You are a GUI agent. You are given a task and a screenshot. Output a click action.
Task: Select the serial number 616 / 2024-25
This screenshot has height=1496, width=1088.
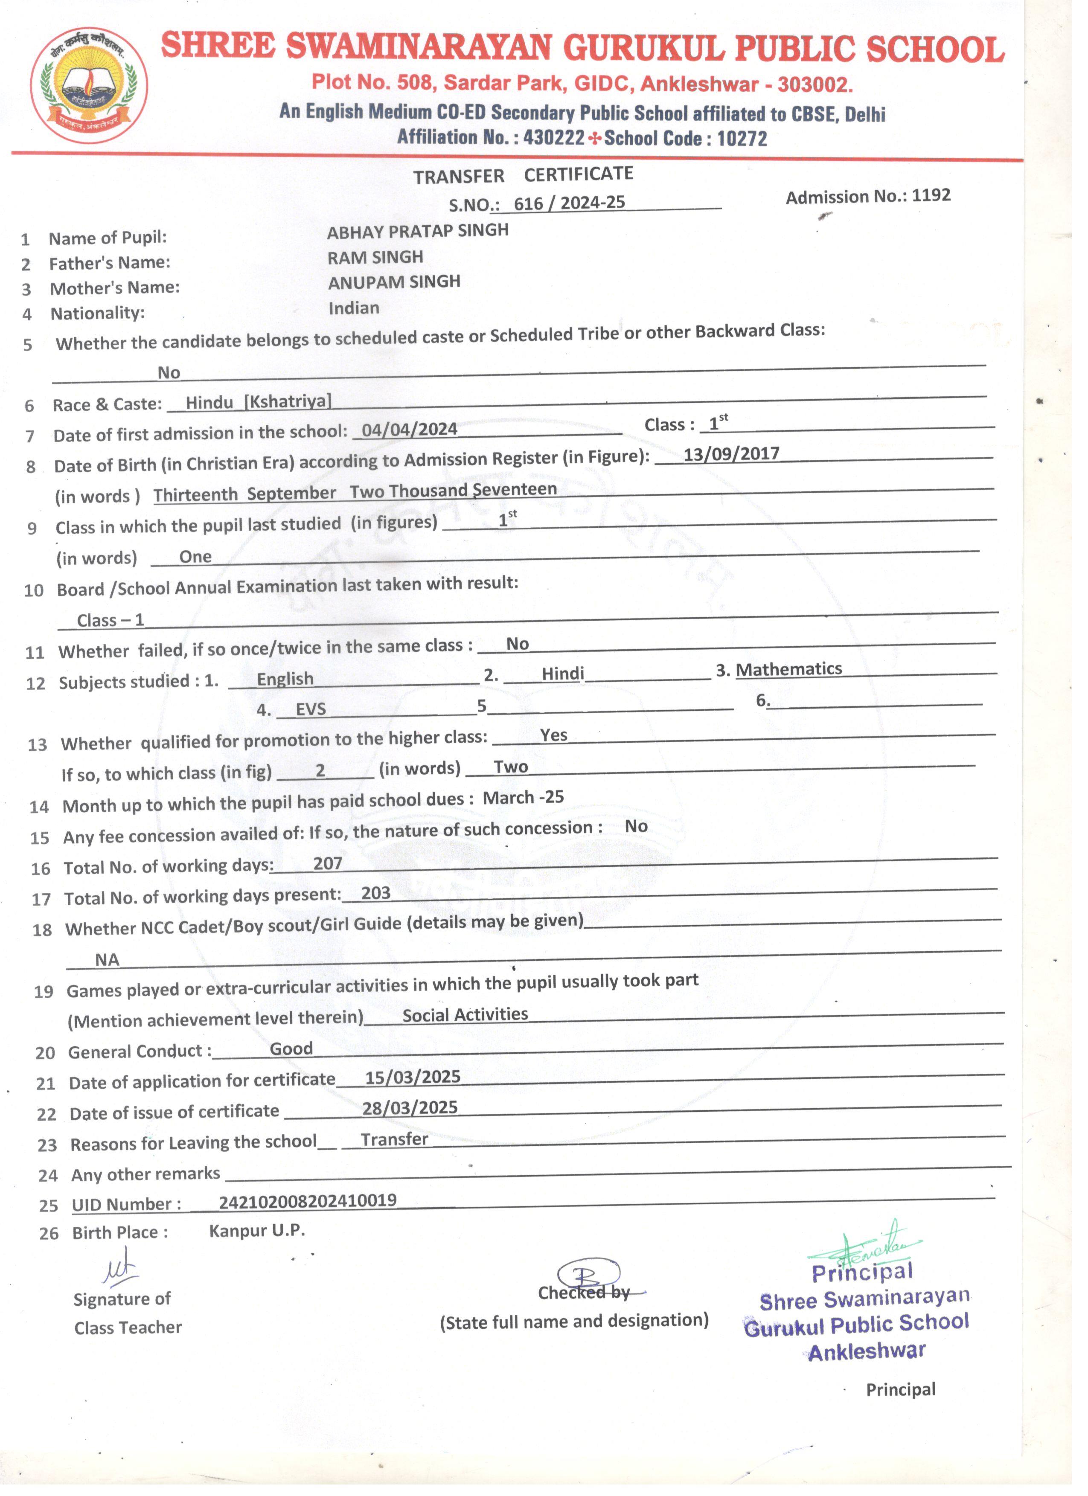(569, 203)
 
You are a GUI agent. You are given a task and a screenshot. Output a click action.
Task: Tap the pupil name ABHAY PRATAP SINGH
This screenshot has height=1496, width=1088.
(418, 231)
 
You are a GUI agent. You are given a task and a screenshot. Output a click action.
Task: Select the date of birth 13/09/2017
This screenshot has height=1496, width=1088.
(731, 454)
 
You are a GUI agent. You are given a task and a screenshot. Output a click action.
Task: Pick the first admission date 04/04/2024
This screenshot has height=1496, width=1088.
(409, 430)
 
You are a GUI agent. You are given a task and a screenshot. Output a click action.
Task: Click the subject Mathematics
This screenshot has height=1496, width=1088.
(788, 669)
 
